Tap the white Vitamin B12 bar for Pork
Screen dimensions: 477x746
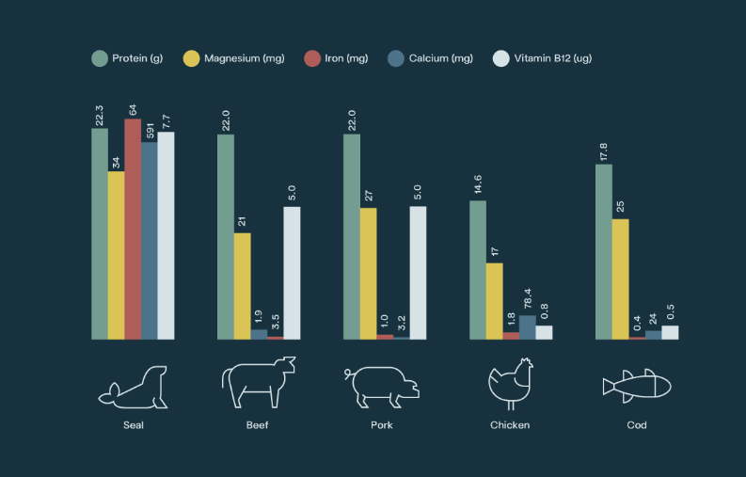pyautogui.click(x=418, y=272)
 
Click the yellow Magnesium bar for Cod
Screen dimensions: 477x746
pyautogui.click(x=620, y=278)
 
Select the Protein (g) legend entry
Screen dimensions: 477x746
pyautogui.click(x=127, y=58)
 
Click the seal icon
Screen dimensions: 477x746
pyautogui.click(x=135, y=388)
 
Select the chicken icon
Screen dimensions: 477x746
pyautogui.click(x=510, y=383)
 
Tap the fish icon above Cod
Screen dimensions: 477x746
pyautogui.click(x=637, y=385)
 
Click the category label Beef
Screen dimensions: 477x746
pyautogui.click(x=258, y=425)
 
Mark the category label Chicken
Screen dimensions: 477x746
pyautogui.click(x=510, y=425)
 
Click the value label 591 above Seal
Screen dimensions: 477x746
pyautogui.click(x=150, y=129)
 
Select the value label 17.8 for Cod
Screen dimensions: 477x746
pyautogui.click(x=604, y=151)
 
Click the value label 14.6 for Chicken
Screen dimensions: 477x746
pyautogui.click(x=478, y=187)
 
